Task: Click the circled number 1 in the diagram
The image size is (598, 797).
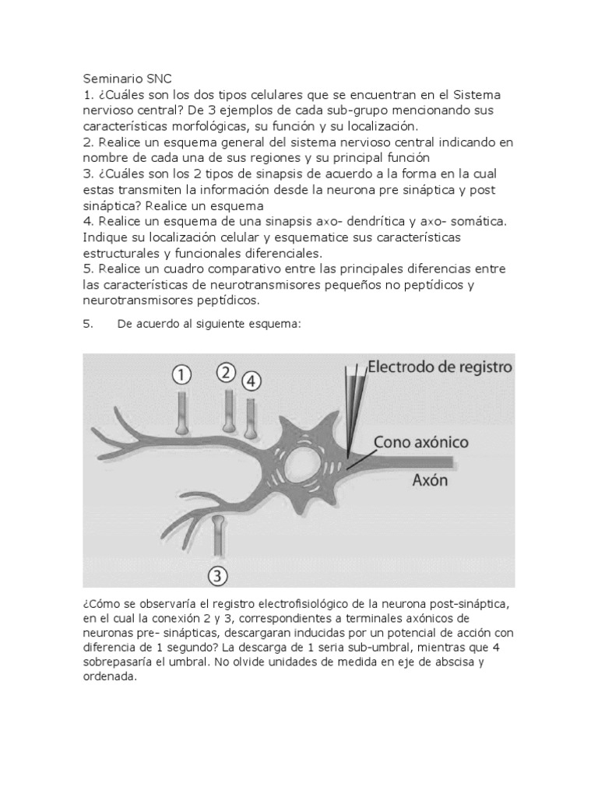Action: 181,375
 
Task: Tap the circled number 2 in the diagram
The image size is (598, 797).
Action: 227,372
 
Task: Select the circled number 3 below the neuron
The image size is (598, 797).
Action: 219,574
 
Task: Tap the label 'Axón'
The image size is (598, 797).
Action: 431,480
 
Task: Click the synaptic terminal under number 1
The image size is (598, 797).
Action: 181,426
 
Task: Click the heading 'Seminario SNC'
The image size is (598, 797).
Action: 126,79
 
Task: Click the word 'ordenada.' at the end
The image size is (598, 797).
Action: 109,677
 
